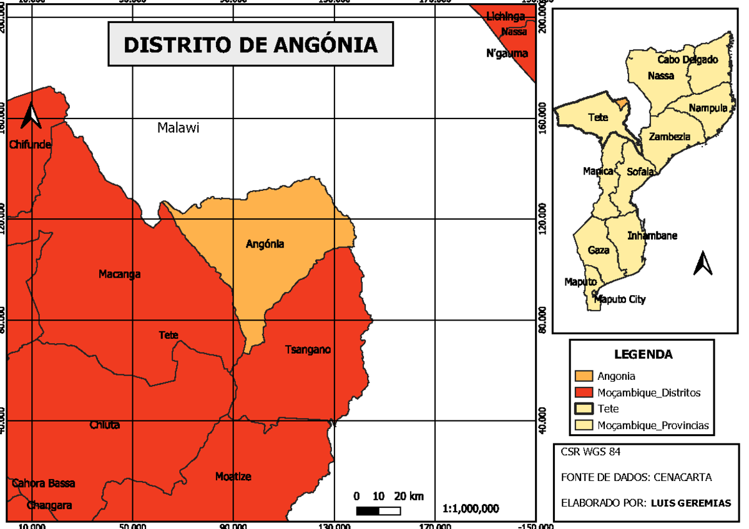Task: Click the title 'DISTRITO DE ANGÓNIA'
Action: point(250,45)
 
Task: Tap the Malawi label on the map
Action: point(178,128)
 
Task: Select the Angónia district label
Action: point(265,244)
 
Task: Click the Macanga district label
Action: point(119,274)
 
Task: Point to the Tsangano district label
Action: point(308,349)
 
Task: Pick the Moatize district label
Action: point(233,477)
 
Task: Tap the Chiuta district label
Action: point(104,425)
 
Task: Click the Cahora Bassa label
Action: point(43,483)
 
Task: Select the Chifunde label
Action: point(29,145)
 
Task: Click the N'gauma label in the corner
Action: point(507,54)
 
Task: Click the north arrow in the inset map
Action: point(703,263)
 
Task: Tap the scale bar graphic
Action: point(378,511)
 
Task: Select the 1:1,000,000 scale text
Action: point(471,508)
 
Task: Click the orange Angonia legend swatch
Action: point(584,376)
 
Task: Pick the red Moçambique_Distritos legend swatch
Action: point(584,393)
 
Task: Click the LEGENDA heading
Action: point(644,355)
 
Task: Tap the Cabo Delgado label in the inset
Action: point(688,60)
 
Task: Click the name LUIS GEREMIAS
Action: point(690,503)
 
